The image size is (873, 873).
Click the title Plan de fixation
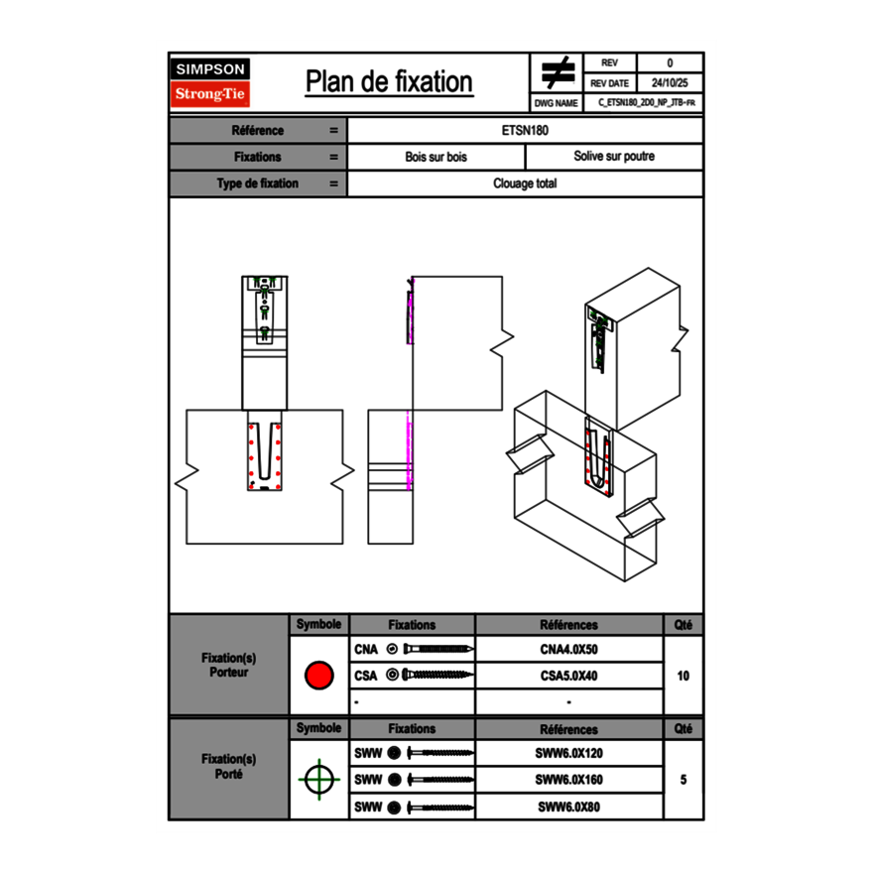pos(388,82)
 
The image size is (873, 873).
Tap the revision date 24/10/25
pos(670,83)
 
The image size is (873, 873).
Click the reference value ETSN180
pos(526,130)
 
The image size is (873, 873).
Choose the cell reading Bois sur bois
pos(436,157)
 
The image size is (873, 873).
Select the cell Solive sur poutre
pos(614,157)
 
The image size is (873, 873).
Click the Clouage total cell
pos(526,184)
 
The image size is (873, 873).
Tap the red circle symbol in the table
pos(318,676)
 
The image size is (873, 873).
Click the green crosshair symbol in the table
pos(317,780)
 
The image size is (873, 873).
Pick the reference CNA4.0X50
pos(568,650)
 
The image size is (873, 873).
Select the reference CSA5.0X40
pos(568,676)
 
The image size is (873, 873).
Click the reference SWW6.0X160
pos(568,780)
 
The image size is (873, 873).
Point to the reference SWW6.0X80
pos(568,807)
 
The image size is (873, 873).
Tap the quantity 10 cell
pos(683,676)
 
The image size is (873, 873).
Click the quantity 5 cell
pos(683,780)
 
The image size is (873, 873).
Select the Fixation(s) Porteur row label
pos(228,665)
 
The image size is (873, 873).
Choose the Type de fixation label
pos(257,184)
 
